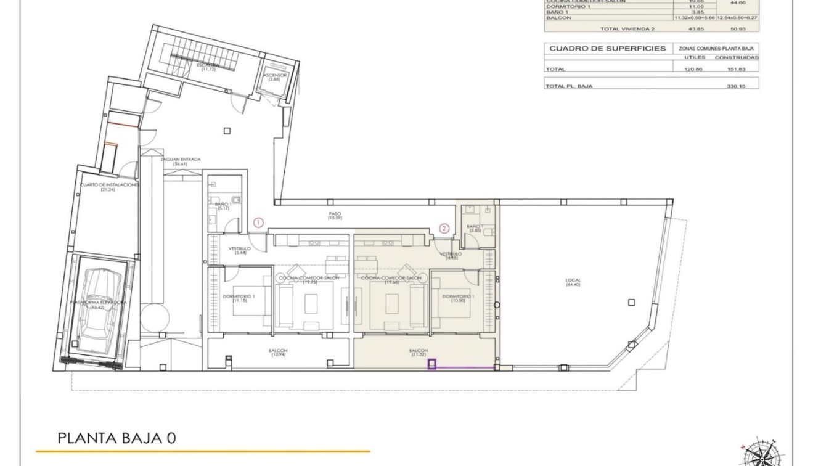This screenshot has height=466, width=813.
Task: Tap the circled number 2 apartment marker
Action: pos(444,227)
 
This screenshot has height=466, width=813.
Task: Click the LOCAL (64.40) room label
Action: pos(573,283)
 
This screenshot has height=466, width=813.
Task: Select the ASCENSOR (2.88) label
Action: pos(275,78)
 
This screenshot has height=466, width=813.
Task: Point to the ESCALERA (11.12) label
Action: pos(206,67)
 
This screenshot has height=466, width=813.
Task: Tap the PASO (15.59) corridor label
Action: pos(335,216)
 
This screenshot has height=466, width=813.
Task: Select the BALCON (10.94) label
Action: pos(278,353)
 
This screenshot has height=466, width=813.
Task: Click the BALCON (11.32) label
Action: pos(419,353)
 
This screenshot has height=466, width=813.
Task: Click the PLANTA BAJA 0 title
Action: pos(116,438)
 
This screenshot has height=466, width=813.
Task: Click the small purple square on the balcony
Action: pos(432,364)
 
